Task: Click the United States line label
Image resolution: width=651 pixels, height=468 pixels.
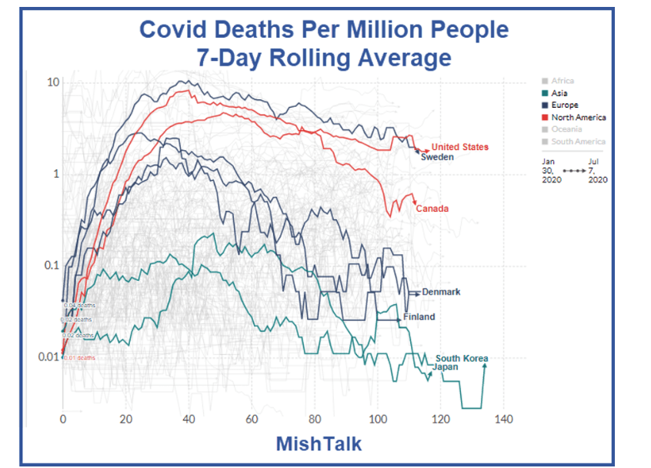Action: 459,147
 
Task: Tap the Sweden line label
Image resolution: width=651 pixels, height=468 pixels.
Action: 437,157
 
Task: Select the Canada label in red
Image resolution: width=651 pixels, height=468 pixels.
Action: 432,209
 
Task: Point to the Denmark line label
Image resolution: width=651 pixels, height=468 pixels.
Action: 441,292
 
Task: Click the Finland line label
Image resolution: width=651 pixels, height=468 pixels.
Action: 419,316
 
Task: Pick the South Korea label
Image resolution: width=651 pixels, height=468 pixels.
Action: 462,358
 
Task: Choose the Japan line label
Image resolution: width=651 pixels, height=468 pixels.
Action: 446,367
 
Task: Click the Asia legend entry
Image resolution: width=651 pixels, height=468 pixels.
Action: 559,93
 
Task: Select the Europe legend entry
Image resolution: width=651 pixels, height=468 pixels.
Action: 565,105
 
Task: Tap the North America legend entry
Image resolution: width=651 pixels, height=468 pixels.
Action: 579,117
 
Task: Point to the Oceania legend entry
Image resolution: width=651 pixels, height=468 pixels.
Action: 567,129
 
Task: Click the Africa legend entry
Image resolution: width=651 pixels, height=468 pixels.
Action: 563,81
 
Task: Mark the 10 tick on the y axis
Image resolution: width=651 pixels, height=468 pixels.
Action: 53,82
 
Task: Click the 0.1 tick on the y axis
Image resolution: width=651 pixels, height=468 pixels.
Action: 50,266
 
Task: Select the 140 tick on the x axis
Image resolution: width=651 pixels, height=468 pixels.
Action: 503,419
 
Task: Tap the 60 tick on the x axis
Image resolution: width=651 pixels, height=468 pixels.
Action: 252,419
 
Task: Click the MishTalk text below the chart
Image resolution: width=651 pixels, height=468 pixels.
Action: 319,444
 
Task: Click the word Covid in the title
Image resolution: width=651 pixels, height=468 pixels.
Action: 177,29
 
